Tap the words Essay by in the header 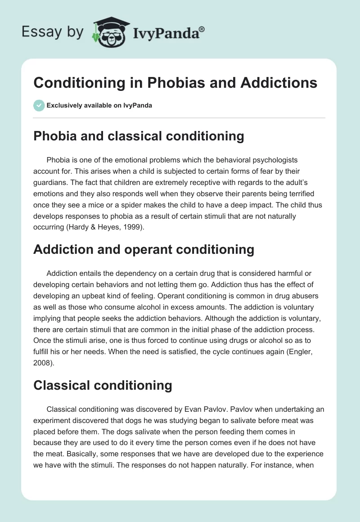[53, 32]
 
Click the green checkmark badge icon [39, 105]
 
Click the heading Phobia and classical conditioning [139, 136]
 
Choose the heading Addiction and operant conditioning [144, 249]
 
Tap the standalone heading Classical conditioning [103, 385]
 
